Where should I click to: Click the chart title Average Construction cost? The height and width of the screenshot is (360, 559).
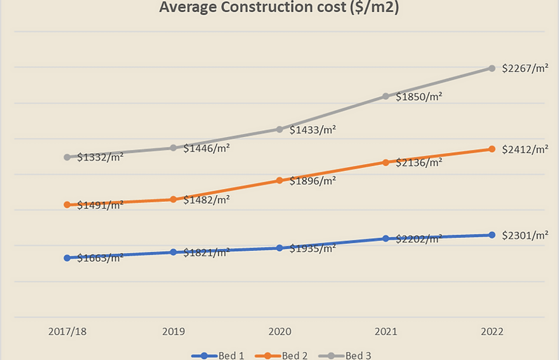[279, 7]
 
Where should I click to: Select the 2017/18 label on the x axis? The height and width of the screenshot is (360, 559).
[67, 331]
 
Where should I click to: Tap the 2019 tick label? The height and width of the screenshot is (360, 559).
[174, 331]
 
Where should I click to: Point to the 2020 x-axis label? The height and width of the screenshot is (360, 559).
[279, 331]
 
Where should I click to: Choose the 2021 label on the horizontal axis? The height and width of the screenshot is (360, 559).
[386, 331]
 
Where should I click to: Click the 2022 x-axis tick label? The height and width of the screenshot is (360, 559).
[492, 331]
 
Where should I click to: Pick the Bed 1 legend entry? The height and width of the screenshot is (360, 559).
[218, 355]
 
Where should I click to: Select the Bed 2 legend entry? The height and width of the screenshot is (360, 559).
[281, 355]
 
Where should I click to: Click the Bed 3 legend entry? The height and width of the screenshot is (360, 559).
[345, 355]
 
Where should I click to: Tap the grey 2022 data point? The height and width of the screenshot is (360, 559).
[492, 68]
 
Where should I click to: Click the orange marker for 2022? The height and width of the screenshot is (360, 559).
[492, 149]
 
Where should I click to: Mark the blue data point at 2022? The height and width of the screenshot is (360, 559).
[492, 235]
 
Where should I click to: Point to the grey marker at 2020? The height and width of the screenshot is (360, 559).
[279, 129]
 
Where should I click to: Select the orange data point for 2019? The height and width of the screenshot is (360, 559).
[174, 199]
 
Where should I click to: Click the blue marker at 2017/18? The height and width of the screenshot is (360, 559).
[67, 258]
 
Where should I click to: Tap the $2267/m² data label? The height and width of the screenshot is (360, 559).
[525, 69]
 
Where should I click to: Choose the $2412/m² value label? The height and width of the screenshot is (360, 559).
[525, 149]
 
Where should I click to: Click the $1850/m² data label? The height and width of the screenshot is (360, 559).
[419, 97]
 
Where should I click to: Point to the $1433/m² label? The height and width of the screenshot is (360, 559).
[312, 130]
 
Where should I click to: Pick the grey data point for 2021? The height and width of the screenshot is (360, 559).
[386, 96]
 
